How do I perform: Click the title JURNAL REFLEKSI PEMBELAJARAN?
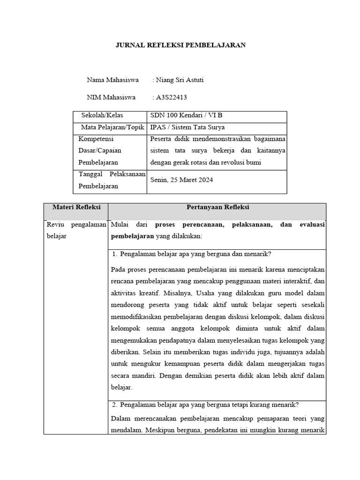(180, 45)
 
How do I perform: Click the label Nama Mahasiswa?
(112, 80)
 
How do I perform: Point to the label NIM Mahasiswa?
(111, 97)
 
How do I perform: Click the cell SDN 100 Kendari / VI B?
(183, 115)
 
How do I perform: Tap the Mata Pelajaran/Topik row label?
(112, 127)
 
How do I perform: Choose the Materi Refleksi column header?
(75, 207)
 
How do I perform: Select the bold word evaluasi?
(309, 225)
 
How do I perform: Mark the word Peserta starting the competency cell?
(161, 139)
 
